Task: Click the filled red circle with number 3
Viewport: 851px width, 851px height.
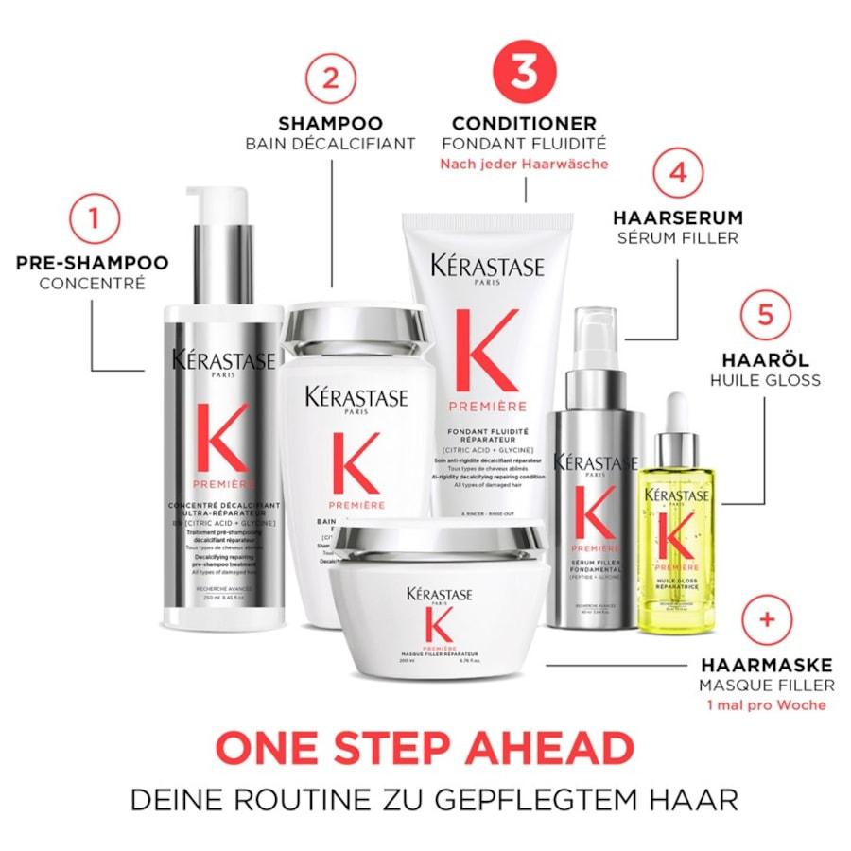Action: pos(523,72)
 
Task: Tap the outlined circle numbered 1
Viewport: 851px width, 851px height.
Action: pos(92,219)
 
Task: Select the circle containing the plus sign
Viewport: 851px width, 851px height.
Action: pos(768,621)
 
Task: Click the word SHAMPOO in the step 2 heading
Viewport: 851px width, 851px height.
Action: pos(330,123)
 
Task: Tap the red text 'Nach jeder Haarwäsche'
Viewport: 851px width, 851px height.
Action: pos(523,164)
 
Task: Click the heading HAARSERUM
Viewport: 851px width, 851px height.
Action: pos(678,217)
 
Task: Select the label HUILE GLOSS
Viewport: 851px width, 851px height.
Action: pos(765,380)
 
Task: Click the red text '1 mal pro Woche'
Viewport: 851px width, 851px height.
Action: pos(767,704)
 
